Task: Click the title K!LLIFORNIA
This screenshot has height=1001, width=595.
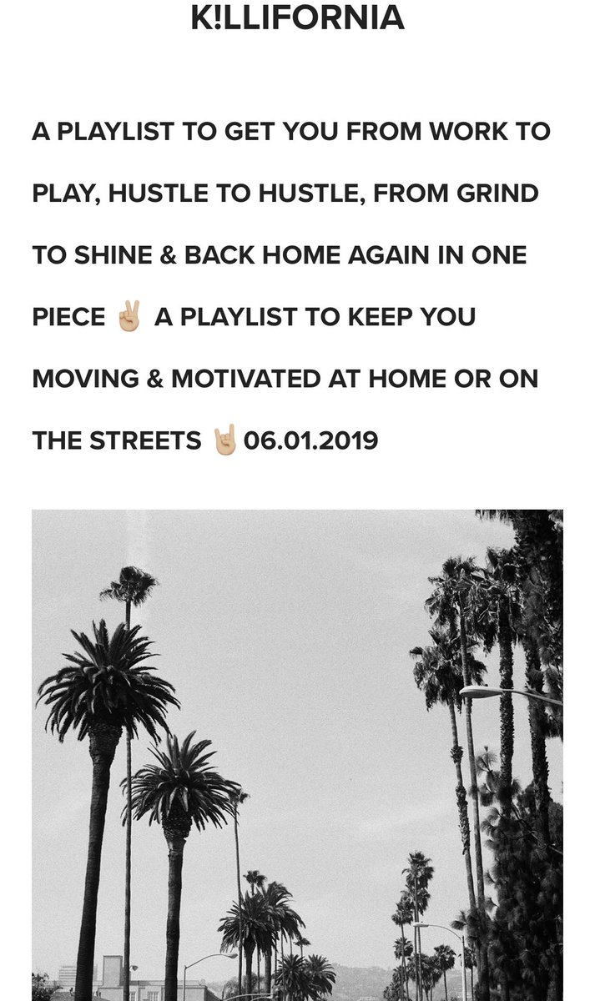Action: click(297, 18)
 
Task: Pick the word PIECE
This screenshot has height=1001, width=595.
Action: click(68, 317)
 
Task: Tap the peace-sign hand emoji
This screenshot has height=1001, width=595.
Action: click(130, 316)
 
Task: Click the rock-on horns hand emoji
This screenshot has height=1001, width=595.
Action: click(224, 439)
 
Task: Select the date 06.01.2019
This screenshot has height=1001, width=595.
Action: click(310, 440)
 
